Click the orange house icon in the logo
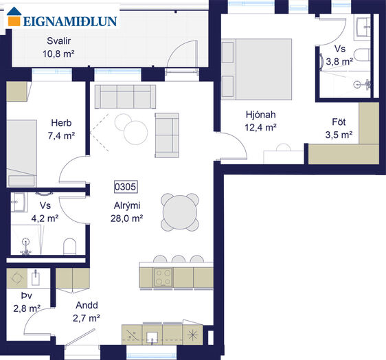14,16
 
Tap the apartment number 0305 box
126,187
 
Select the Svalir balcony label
59,41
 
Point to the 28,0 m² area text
127,218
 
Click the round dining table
180,212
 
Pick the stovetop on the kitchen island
163,277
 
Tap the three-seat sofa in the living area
125,96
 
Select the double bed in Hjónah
256,69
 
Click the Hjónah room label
261,115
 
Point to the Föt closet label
339,122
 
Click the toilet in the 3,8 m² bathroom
362,55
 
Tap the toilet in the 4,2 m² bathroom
69,246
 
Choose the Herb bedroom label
61,122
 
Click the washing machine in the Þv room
16,278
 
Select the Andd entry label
87,305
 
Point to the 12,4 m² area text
261,128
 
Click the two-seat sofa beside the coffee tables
167,135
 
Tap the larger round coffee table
135,133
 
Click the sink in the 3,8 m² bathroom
362,27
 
